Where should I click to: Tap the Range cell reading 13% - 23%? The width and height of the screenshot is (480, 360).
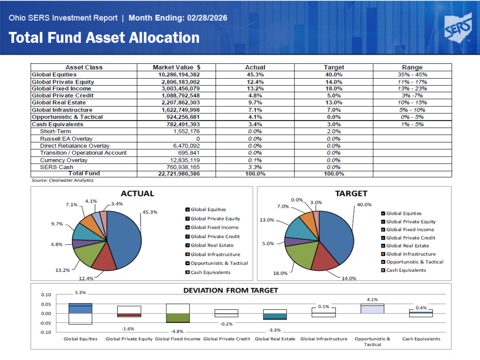(x=412, y=89)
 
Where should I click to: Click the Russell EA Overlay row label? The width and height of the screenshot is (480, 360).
(x=66, y=139)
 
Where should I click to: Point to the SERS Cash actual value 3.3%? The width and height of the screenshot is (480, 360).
(x=255, y=167)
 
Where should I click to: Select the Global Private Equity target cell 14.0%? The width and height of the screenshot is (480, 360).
(x=334, y=82)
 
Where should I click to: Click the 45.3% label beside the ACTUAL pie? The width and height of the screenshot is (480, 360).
(x=150, y=212)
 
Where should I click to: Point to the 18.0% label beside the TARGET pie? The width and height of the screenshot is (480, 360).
(x=281, y=273)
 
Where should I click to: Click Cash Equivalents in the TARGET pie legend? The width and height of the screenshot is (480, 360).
(x=406, y=270)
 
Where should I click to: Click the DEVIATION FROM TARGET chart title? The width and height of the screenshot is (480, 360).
(x=230, y=290)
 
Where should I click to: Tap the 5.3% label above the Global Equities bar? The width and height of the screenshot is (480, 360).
(x=81, y=293)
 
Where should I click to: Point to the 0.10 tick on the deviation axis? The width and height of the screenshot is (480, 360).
(x=45, y=295)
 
